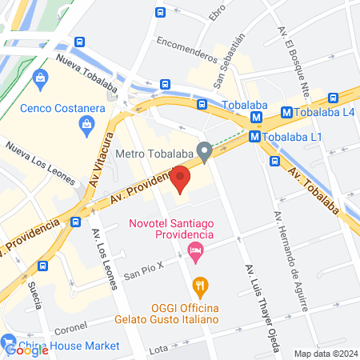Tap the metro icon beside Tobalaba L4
(x=287, y=113)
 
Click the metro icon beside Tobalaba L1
(x=254, y=137)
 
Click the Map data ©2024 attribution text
(x=325, y=353)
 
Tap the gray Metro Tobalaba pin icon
(x=205, y=150)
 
